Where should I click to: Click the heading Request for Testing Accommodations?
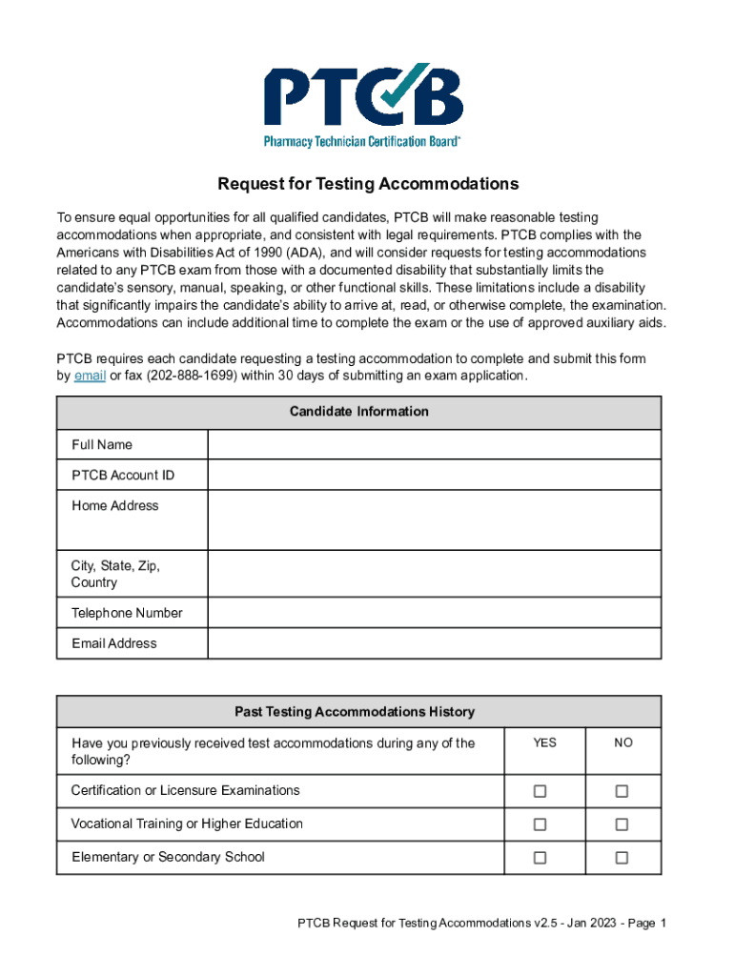(x=368, y=184)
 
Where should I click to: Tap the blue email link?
(x=90, y=376)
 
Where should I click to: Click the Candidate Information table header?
(x=358, y=412)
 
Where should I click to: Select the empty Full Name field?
(x=434, y=445)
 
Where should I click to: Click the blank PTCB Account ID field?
(x=434, y=476)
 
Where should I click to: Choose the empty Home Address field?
(x=434, y=519)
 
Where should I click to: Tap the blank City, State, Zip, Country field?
(x=434, y=574)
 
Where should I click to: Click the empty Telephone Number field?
(x=434, y=613)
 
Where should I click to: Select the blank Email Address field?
(x=434, y=643)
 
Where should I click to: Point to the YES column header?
(x=544, y=742)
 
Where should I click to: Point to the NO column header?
(x=623, y=742)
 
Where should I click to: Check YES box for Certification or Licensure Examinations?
(x=540, y=791)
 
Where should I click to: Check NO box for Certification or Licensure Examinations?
(x=622, y=791)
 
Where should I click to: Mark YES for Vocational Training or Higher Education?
(x=540, y=824)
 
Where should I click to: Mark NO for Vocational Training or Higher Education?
(x=622, y=824)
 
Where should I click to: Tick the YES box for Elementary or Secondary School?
(x=540, y=858)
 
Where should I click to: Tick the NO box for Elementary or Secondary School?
(x=622, y=858)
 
